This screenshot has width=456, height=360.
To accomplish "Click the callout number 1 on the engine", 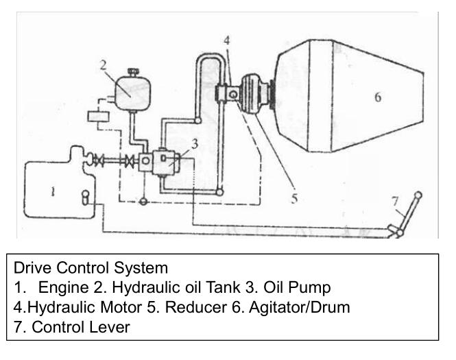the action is coord(53,191).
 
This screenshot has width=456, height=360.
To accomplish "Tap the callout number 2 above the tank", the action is coord(104,65).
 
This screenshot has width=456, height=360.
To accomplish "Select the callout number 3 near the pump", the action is coord(195,144).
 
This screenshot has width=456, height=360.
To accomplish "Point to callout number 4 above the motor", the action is coord(227,40).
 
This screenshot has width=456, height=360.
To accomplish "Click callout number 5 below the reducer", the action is coord(294,198).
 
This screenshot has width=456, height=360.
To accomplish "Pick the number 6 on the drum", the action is coord(378,97).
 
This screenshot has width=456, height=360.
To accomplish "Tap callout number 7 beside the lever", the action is coord(395,201).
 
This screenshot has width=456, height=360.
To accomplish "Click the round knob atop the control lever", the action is coord(418,195).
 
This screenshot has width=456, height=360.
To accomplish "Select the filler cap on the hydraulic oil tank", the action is coord(133,71).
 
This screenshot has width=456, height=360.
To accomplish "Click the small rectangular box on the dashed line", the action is coord(98,117).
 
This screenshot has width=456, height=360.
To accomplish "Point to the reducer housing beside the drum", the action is coord(253,95).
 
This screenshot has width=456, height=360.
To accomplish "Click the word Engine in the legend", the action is coord(63,287).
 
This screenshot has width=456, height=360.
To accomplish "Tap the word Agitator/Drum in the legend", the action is coord(299,307).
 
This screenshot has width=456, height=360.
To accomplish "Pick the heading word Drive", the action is coord(32,267).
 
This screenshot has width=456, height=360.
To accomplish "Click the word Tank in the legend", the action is coord(223,287).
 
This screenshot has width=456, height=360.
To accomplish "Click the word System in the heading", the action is coord(141,268).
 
